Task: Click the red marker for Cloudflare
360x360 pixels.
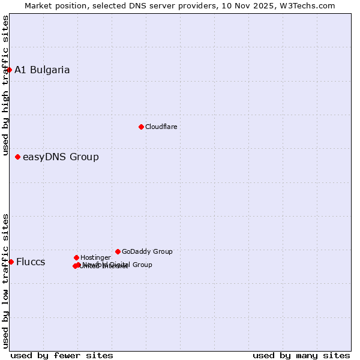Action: (141, 127)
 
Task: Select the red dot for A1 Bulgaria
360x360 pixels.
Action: (9, 70)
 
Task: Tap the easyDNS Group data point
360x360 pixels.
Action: (17, 157)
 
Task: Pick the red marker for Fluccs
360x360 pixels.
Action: (11, 262)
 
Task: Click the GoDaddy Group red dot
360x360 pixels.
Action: (118, 251)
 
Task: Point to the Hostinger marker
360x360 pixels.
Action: (76, 257)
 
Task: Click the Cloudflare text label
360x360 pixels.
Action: (161, 127)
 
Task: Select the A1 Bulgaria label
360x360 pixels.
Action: (42, 70)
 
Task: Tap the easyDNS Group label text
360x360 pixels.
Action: (61, 157)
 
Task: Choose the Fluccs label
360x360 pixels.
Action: (31, 262)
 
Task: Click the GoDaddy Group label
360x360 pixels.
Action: (147, 251)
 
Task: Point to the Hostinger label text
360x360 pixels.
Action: (95, 257)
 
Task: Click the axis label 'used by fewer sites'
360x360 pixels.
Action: (62, 355)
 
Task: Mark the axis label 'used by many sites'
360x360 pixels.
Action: (301, 355)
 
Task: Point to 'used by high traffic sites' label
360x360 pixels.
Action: (5, 85)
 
